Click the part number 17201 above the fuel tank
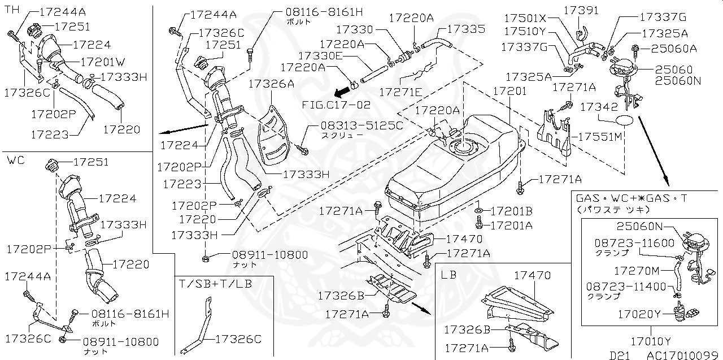pos(509,90)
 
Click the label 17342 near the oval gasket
pos(594,106)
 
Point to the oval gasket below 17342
pos(624,120)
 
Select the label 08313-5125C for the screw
pos(354,125)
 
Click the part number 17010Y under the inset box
pos(651,341)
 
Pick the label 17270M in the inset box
pos(637,271)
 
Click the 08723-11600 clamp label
pos(634,243)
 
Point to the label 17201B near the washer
pos(511,211)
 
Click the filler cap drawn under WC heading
pos(52,167)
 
